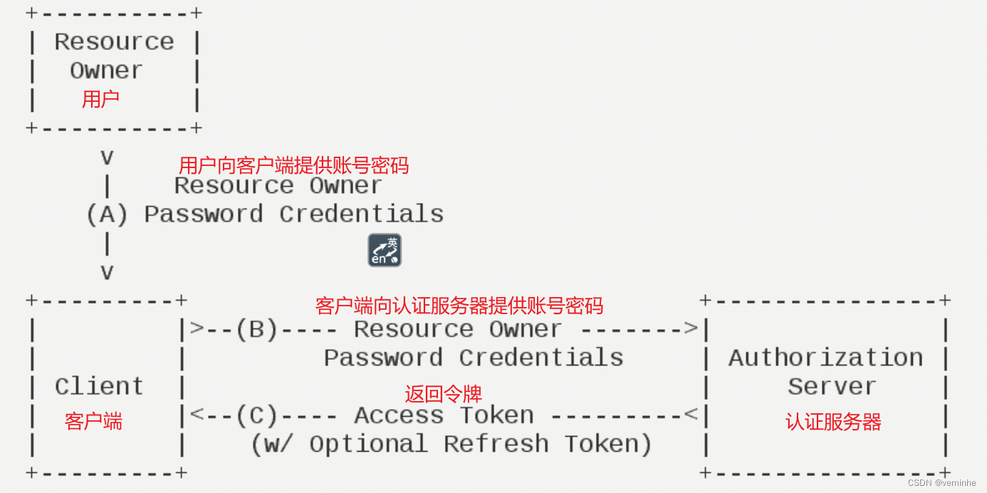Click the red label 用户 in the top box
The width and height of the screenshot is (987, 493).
tap(100, 99)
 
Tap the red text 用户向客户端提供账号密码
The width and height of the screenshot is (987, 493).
tap(293, 166)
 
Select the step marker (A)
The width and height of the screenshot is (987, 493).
tap(107, 214)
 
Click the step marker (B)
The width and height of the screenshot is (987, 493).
tap(256, 329)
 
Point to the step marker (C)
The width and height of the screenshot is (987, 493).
tap(256, 415)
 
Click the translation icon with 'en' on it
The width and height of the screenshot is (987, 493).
tap(385, 250)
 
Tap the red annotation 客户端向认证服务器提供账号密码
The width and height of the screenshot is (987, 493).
tap(459, 306)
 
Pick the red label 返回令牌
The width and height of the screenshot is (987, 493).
tap(443, 394)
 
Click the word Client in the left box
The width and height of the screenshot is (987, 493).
tap(99, 387)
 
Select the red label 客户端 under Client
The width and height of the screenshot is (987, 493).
tap(93, 421)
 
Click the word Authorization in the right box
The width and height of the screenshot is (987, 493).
tap(825, 358)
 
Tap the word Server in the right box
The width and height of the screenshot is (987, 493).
tap(831, 387)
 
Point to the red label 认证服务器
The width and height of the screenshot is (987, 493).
tap(833, 422)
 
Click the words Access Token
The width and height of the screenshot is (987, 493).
tap(444, 415)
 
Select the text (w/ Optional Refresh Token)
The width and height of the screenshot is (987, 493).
tap(451, 445)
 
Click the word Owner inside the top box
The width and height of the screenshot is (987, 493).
tap(106, 71)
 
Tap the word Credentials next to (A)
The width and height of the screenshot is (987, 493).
tap(361, 214)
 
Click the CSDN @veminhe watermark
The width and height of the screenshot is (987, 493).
tap(941, 482)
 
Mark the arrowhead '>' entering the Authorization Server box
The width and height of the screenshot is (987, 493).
tap(690, 328)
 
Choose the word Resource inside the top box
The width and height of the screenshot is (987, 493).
tap(114, 42)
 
